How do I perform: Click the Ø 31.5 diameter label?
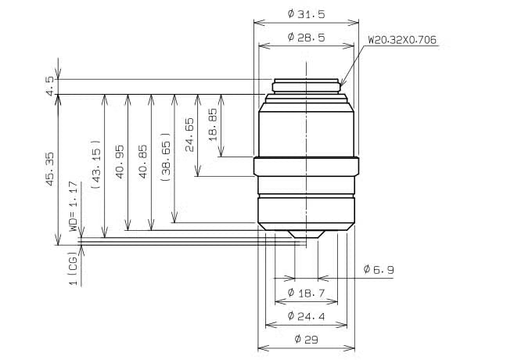pos(306,14)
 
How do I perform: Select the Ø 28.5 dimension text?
pos(306,37)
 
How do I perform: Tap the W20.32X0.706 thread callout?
pos(402,40)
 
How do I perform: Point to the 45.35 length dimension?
pos(50,169)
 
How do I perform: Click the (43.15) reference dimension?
pos(96,164)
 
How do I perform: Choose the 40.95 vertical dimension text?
pos(120,162)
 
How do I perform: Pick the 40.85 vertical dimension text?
pos(143,162)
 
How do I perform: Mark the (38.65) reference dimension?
pos(166,157)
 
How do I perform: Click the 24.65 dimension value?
pos(189,135)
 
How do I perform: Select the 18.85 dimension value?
pos(212,124)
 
